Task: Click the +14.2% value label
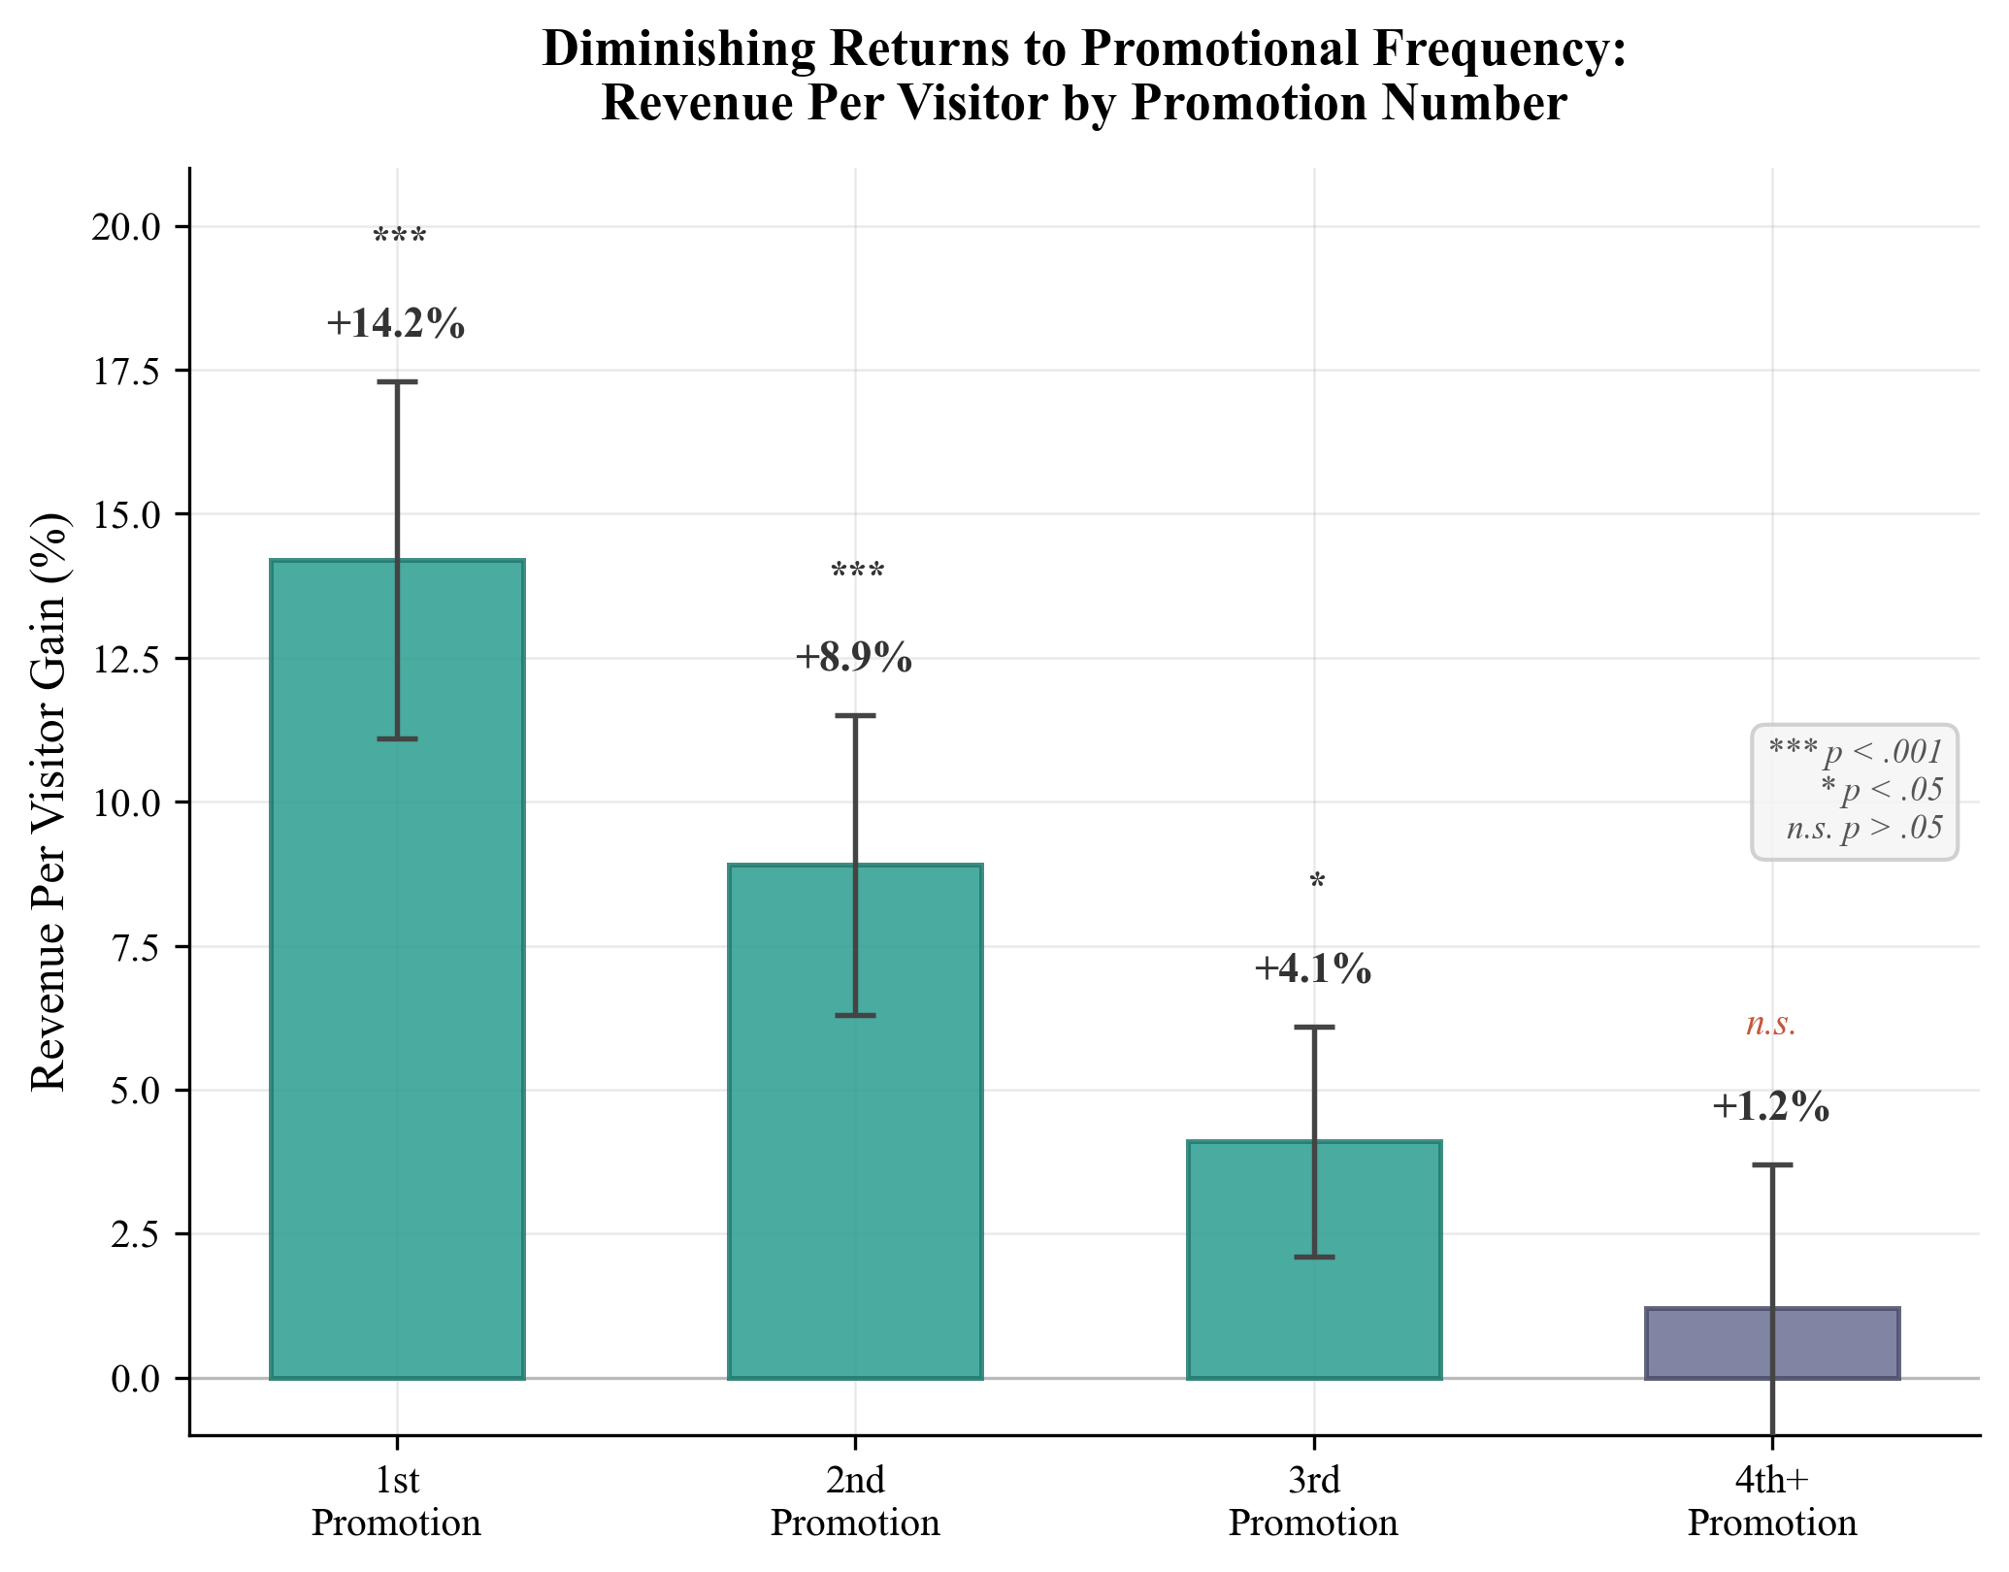pyautogui.click(x=396, y=324)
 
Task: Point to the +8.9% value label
pyautogui.click(x=854, y=658)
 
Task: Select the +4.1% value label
pyautogui.click(x=1313, y=968)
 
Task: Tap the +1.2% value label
pyautogui.click(x=1771, y=1107)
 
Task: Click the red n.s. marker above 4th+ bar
pyautogui.click(x=1771, y=1024)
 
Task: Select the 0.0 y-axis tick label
pyautogui.click(x=139, y=1378)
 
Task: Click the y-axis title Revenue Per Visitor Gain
pyautogui.click(x=50, y=802)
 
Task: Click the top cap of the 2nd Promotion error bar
pyautogui.click(x=855, y=716)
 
